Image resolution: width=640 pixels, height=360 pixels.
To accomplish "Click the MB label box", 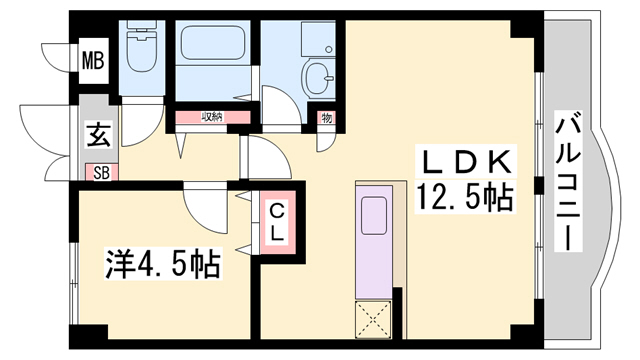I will (x=92, y=60).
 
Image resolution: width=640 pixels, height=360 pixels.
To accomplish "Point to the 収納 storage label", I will (x=211, y=118).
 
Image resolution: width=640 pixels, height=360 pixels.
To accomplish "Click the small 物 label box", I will (x=327, y=118).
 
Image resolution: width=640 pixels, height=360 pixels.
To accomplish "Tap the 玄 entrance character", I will (x=98, y=134).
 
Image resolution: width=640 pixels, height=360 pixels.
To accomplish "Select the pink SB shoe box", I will (x=101, y=172).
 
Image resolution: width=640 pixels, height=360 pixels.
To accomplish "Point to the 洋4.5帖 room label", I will (x=164, y=265).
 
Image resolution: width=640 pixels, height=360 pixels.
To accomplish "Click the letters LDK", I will (x=464, y=160).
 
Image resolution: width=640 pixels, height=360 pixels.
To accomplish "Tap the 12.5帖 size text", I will (x=464, y=196).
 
